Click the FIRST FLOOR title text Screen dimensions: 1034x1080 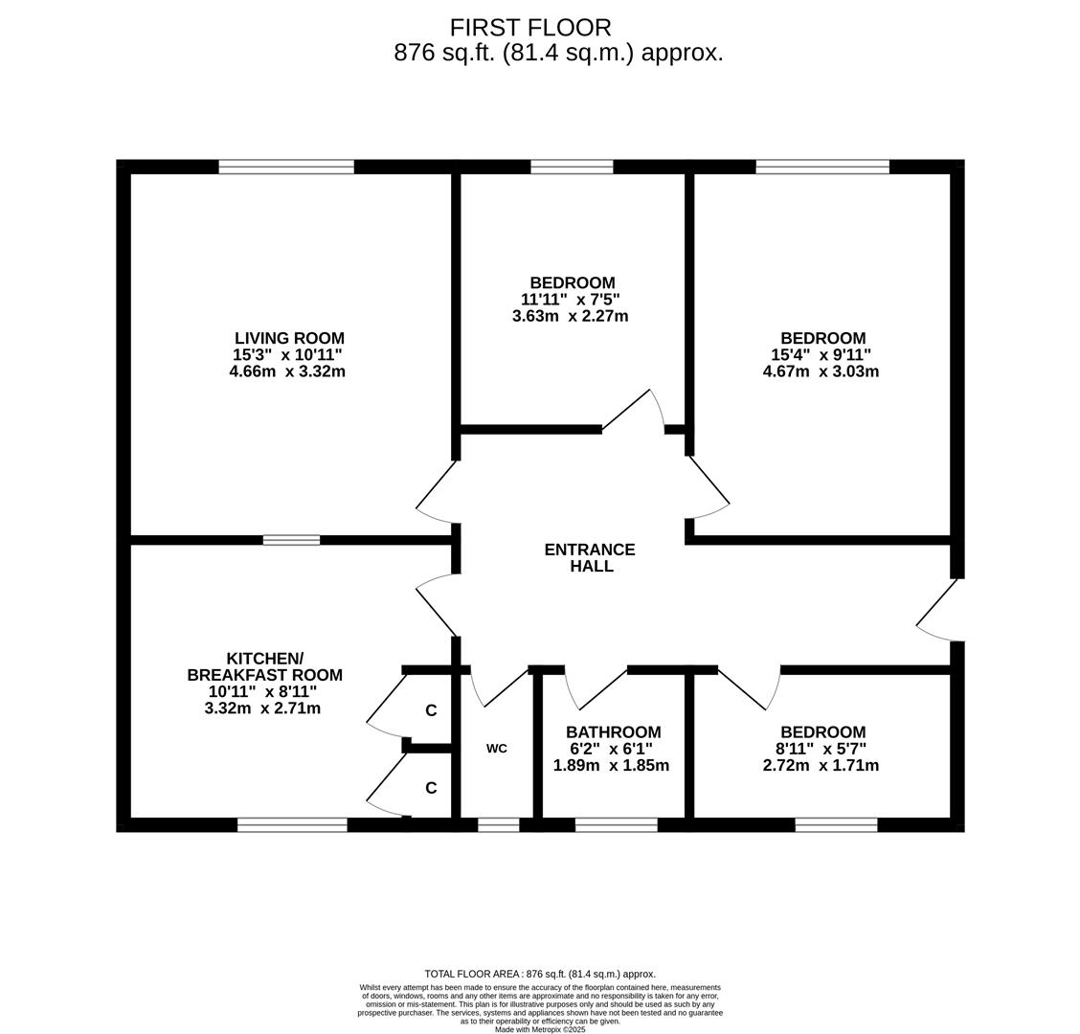pos(530,28)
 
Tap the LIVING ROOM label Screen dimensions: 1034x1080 pos(289,338)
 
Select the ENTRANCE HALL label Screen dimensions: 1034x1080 pos(590,557)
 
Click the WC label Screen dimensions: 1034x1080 pos(496,749)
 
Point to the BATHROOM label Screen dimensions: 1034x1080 pos(613,732)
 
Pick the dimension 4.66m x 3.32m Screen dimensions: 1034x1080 pos(287,371)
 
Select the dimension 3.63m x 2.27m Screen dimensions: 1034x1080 pos(570,316)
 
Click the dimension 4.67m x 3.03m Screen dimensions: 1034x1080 pos(821,371)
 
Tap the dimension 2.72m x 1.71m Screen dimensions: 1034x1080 pos(821,766)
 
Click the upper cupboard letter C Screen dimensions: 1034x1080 pos(431,710)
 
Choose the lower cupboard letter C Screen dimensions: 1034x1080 pos(431,788)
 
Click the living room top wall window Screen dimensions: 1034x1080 pos(286,167)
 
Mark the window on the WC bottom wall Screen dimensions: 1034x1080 pos(498,824)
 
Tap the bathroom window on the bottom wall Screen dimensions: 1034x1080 pos(616,824)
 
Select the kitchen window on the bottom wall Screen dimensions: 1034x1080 pos(292,824)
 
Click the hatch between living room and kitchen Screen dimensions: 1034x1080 pos(291,540)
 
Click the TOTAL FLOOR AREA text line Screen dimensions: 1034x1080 pos(540,974)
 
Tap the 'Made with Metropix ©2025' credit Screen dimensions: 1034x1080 pos(540,1029)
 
